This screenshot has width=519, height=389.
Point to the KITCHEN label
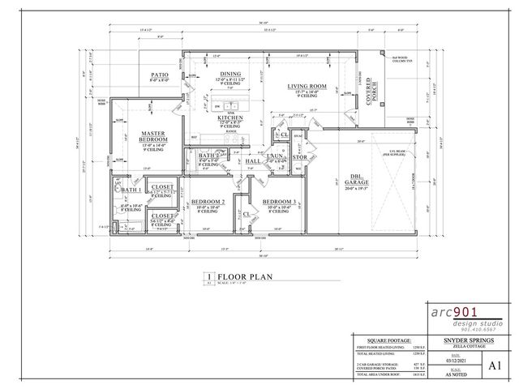(x=230, y=118)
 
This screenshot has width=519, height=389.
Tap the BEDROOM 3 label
(x=278, y=201)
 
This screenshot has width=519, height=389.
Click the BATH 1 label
(x=132, y=190)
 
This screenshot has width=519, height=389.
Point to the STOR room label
(x=298, y=156)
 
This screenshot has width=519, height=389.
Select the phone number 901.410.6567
(x=475, y=329)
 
